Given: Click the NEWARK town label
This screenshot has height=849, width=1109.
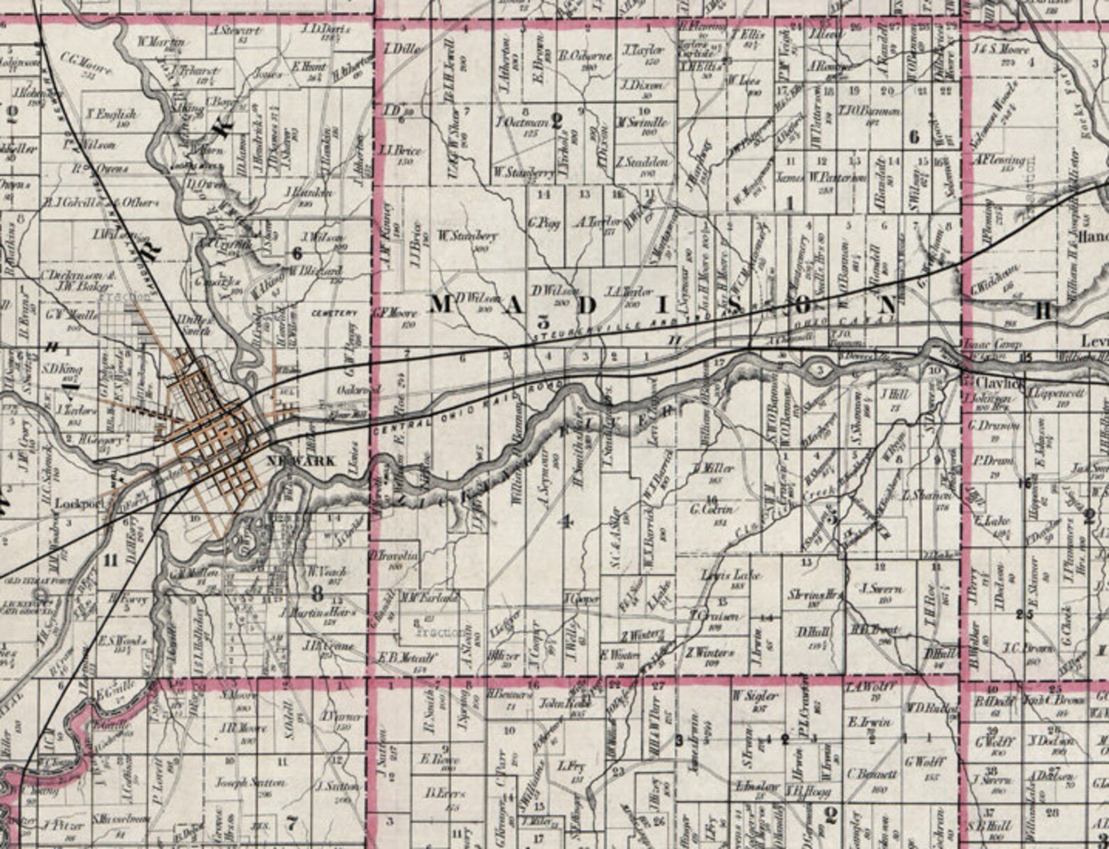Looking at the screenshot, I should tap(301, 462).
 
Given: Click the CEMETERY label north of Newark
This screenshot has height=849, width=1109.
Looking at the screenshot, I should tap(334, 313).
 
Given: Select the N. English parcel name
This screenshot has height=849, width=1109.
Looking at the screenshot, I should tap(112, 113).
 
